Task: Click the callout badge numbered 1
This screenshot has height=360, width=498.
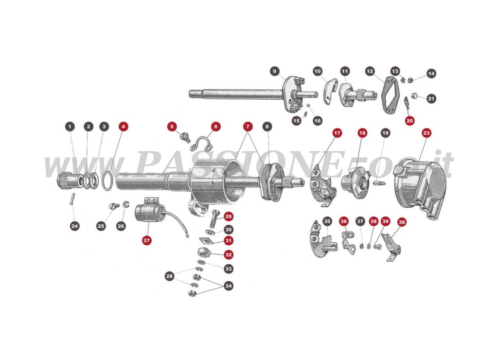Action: click(x=70, y=126)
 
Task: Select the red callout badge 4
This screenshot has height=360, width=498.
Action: click(x=123, y=126)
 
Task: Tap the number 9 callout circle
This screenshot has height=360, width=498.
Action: click(x=274, y=72)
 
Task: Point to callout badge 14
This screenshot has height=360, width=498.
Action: click(x=431, y=73)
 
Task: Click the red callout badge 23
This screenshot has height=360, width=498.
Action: click(x=427, y=132)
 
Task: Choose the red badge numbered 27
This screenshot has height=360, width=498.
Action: click(x=146, y=240)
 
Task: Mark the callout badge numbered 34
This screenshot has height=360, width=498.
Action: click(x=228, y=286)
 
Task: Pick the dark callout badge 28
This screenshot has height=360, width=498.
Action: click(x=169, y=276)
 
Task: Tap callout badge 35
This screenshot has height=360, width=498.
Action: click(x=327, y=221)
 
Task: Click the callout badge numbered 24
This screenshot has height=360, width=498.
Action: click(x=74, y=226)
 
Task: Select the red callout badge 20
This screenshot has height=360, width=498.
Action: click(x=409, y=120)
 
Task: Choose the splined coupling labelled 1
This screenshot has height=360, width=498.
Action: click(x=67, y=182)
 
